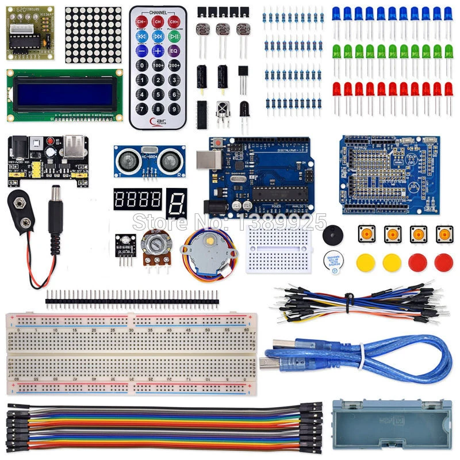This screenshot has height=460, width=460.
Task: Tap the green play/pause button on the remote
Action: [174, 22]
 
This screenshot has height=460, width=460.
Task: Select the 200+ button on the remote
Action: [174, 66]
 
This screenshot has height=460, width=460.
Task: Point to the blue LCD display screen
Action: [64, 95]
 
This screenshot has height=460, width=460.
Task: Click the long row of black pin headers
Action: [132, 297]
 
